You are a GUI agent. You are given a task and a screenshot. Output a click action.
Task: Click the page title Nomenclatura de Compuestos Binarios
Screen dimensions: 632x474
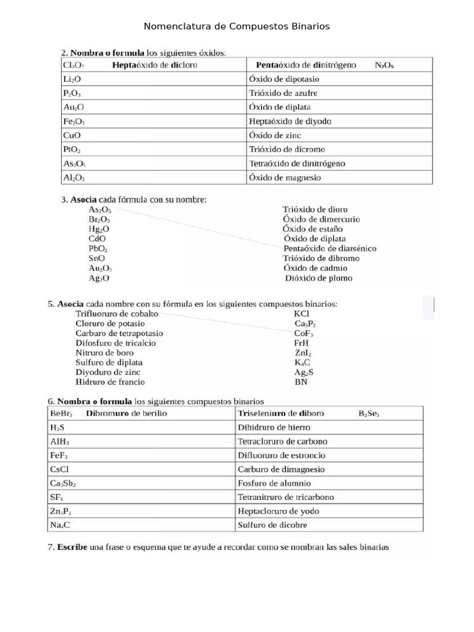click(236, 27)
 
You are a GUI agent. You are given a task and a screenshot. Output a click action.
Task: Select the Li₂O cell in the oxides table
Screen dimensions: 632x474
click(72, 79)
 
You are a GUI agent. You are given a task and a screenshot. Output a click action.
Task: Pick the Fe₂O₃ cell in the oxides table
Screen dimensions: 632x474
click(74, 122)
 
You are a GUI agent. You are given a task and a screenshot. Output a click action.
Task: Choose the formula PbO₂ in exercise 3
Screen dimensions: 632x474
click(98, 249)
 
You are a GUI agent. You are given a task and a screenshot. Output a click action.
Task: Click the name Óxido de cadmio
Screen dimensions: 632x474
click(315, 268)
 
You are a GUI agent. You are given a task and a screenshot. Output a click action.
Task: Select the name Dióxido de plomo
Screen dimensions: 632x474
click(318, 278)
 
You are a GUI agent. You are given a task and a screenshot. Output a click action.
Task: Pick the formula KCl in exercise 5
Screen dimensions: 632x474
click(302, 314)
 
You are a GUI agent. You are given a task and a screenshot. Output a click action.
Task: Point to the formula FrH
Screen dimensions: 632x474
click(301, 343)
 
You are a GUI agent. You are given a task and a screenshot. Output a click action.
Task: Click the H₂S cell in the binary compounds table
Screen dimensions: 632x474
click(57, 427)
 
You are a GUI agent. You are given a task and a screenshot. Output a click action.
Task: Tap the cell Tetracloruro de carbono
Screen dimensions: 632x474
click(283, 441)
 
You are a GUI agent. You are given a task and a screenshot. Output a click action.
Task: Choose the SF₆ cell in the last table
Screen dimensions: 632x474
click(57, 497)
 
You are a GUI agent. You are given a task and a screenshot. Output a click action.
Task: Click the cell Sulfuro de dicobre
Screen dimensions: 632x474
click(272, 525)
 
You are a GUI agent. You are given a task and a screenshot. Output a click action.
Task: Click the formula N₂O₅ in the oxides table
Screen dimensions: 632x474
click(385, 65)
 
